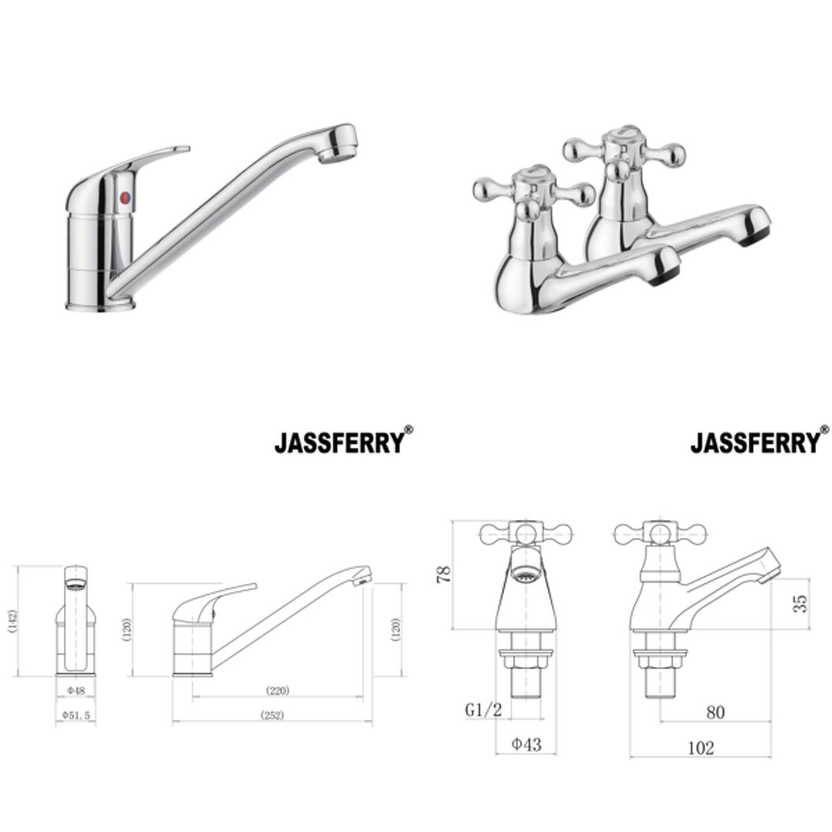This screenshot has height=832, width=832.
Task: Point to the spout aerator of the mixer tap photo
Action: [336, 155]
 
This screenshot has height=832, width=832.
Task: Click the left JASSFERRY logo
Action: [339, 443]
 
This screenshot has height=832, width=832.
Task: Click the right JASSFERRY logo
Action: [755, 443]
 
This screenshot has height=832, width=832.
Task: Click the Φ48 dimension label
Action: [75, 690]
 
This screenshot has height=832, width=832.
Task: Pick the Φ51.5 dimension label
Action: [75, 716]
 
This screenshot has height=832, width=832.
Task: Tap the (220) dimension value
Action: [277, 690]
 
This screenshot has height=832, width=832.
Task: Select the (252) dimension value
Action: [272, 716]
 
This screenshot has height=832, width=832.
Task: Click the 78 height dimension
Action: [445, 575]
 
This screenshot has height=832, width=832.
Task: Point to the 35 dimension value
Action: [801, 602]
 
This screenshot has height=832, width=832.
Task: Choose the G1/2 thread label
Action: [483, 710]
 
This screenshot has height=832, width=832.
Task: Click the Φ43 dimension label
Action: [526, 744]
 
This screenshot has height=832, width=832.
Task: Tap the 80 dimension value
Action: [715, 713]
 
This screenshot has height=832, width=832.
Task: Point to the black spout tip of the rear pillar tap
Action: [755, 236]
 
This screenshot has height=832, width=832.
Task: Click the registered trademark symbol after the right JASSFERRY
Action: [825, 430]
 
